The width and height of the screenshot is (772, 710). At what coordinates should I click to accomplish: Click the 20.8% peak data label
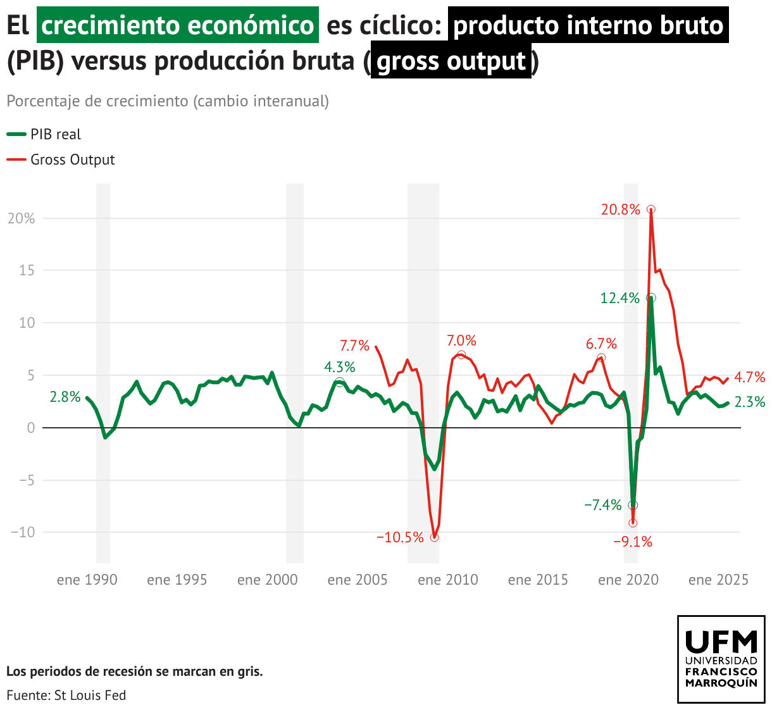(621, 209)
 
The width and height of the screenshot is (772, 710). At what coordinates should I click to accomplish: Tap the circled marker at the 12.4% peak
(651, 298)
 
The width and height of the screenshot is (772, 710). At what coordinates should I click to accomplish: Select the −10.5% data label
(400, 538)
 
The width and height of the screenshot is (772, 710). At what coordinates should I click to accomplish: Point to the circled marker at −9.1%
(633, 523)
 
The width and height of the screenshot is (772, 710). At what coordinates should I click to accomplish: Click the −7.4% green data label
(603, 505)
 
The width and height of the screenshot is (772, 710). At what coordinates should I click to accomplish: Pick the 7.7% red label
(354, 346)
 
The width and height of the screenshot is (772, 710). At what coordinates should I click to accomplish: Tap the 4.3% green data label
(340, 367)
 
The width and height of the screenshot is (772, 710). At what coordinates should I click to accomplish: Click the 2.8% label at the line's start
(65, 397)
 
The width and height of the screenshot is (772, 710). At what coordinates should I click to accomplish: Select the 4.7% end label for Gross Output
(750, 378)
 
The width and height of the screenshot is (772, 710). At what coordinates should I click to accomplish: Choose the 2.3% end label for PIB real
(750, 402)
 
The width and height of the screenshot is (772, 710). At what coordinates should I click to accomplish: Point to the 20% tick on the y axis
(21, 218)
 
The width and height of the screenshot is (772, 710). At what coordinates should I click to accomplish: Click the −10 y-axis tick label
(23, 532)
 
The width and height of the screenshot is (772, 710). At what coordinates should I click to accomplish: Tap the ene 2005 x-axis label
(358, 580)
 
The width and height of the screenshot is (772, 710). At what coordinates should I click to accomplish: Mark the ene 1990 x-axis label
(87, 580)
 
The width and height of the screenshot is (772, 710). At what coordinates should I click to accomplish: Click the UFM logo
(721, 659)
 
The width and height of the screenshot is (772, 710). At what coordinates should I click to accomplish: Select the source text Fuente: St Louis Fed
(66, 695)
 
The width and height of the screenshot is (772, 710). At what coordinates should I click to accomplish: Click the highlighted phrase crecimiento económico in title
(178, 25)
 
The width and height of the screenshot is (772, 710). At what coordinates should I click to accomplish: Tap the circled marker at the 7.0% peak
(461, 355)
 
